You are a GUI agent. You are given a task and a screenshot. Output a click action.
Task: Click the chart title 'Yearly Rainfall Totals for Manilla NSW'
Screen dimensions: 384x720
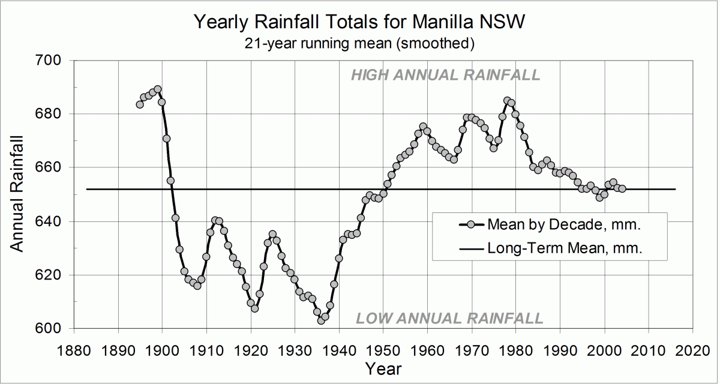(359, 23)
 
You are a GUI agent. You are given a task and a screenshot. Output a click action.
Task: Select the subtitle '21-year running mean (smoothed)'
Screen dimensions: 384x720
(359, 43)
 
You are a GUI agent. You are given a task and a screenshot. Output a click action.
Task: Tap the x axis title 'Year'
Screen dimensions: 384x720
(383, 367)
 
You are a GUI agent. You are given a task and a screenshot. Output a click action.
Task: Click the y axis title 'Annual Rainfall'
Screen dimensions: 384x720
(17, 194)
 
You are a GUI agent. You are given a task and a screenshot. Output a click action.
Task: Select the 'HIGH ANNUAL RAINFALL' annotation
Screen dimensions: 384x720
(445, 75)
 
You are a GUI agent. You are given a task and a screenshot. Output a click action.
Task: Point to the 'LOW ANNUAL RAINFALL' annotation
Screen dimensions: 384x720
(450, 318)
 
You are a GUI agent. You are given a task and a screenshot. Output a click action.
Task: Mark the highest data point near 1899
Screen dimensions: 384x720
(158, 89)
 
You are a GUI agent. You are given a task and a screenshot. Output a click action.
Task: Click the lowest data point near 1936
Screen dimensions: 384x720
(321, 320)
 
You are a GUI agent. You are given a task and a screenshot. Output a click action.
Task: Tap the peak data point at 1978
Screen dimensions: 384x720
(507, 101)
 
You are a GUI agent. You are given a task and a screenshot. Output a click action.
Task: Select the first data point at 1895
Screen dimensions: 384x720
(140, 104)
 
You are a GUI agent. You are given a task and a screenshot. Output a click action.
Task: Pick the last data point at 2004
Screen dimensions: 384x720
(622, 188)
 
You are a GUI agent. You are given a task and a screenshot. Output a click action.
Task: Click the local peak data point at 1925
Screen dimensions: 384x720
(272, 234)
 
